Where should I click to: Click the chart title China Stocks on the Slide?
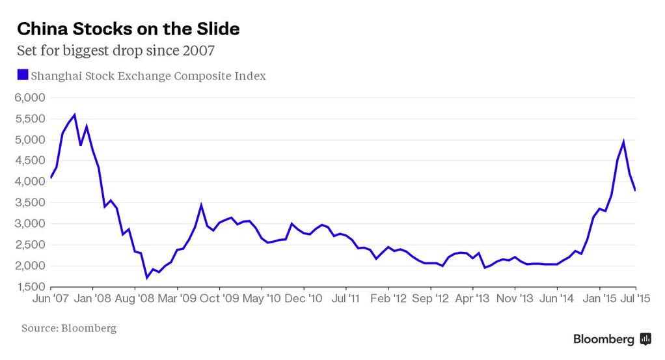128,29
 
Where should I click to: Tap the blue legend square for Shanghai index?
23,76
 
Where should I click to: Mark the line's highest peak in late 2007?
74,115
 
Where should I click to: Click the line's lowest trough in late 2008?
147,278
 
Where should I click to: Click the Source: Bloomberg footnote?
69,328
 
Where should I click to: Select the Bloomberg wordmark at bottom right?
603,339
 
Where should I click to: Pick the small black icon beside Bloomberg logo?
645,339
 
